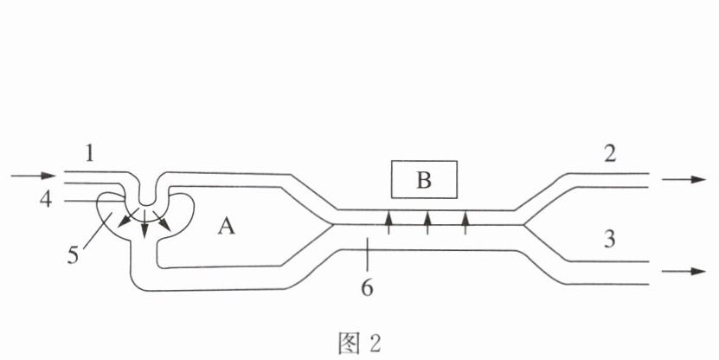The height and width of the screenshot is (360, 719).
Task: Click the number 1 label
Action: coord(89,153)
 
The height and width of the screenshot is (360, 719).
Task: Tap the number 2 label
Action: coord(609,153)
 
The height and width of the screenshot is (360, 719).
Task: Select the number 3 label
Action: coord(609,239)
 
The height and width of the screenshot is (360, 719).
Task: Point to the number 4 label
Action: coord(45,200)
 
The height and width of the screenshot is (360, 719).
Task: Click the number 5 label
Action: coord(73,255)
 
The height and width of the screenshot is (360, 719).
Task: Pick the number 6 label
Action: coord(367,287)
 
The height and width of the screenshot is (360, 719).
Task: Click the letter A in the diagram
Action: coord(226,226)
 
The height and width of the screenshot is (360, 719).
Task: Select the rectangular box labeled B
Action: coord(424,179)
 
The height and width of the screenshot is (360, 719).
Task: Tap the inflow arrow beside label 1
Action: coord(33,176)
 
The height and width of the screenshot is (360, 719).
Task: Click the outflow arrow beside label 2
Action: coord(684,179)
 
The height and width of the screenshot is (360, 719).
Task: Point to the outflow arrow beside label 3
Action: coord(684,271)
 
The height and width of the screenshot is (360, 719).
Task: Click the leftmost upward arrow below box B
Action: coord(388,222)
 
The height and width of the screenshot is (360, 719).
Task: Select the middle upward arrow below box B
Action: coord(427,222)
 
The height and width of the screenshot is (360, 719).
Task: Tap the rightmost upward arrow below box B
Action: coord(465,222)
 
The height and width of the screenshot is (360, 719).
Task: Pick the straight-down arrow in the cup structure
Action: coord(144,224)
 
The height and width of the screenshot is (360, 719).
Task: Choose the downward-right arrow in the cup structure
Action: coord(162,221)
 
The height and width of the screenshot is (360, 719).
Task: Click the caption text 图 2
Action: coord(360,344)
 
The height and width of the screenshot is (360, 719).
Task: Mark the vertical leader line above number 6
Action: coord(367,254)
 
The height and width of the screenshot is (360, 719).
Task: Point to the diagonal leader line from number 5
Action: coord(98,231)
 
